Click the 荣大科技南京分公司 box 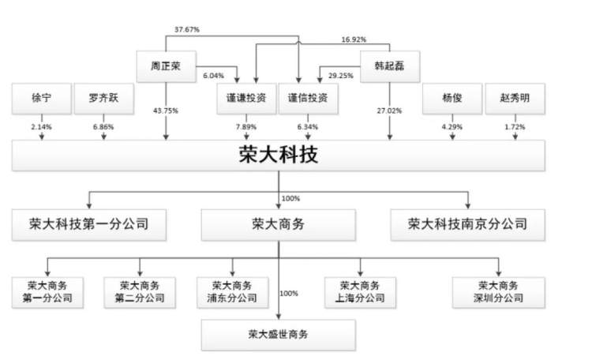(468, 223)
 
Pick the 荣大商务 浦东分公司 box (232, 291)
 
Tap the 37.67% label (187, 29)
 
